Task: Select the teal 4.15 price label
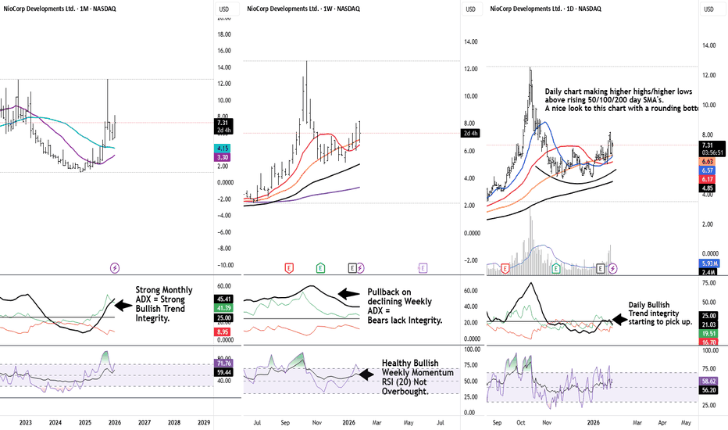click(223, 148)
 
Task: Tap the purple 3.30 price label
click(223, 157)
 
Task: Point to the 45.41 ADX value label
click(223, 299)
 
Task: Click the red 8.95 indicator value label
click(223, 331)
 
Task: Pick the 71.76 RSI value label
click(223, 364)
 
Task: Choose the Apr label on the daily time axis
click(662, 422)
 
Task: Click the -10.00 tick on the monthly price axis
click(224, 265)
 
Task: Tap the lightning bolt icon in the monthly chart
click(115, 267)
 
